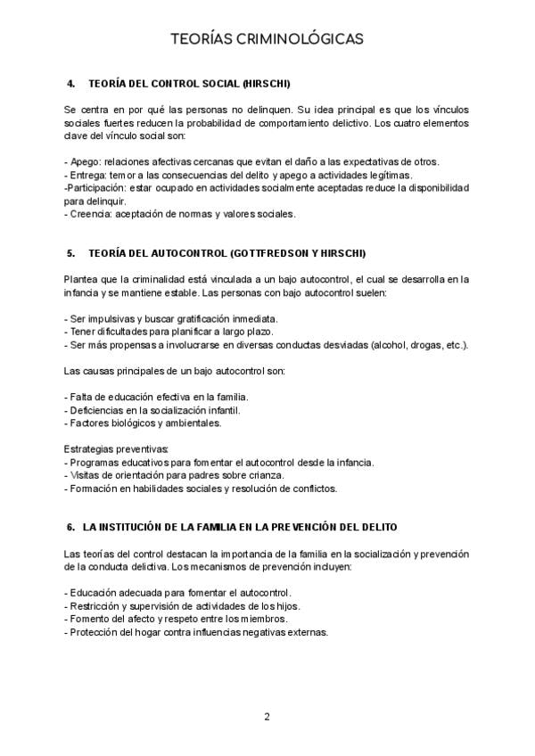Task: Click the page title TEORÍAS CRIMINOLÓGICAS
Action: pos(267,39)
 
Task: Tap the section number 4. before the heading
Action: pos(71,84)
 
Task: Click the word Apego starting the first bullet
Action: pos(84,162)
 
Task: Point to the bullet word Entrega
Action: pos(86,176)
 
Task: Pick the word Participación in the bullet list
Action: pos(95,189)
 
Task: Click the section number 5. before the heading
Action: pos(71,253)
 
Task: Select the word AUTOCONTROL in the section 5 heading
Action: pos(185,253)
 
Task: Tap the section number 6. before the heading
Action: pos(71,527)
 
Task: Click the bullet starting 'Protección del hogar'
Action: pos(199,632)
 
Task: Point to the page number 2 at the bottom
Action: pos(267,717)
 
